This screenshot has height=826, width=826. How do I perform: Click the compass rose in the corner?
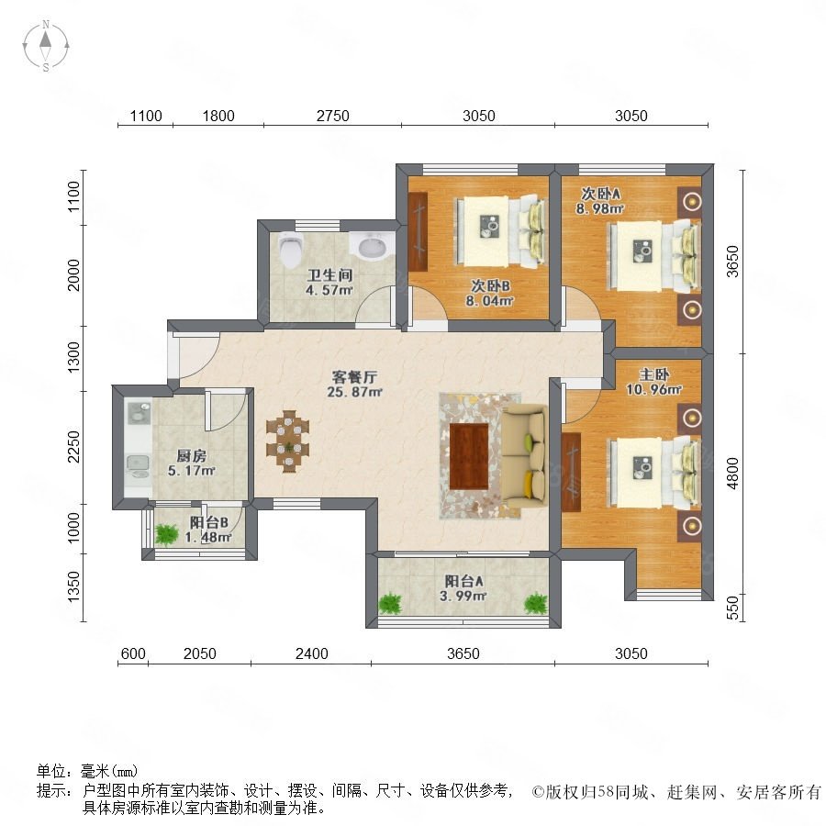click(x=46, y=46)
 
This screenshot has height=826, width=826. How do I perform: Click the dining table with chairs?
click(x=287, y=441)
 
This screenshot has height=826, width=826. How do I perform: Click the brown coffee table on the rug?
click(x=469, y=456)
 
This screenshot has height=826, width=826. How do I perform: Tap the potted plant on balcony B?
click(x=167, y=534)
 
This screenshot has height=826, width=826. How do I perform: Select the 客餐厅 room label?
click(x=354, y=377)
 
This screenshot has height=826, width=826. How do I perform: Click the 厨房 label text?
click(x=191, y=455)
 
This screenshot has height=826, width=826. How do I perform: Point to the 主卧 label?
click(x=653, y=374)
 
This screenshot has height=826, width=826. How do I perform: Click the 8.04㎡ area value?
click(x=489, y=301)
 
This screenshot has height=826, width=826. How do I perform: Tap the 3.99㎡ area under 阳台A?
click(x=463, y=596)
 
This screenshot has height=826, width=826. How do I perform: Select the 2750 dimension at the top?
click(x=332, y=116)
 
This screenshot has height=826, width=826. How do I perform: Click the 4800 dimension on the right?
click(x=732, y=474)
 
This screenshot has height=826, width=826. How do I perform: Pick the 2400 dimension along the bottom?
click(x=311, y=653)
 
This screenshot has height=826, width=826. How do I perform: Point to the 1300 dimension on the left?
click(x=73, y=358)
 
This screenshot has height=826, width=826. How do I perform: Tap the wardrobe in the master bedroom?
click(x=571, y=472)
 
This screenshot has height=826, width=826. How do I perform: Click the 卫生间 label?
click(x=329, y=274)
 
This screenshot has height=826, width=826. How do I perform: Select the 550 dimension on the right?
click(x=732, y=608)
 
